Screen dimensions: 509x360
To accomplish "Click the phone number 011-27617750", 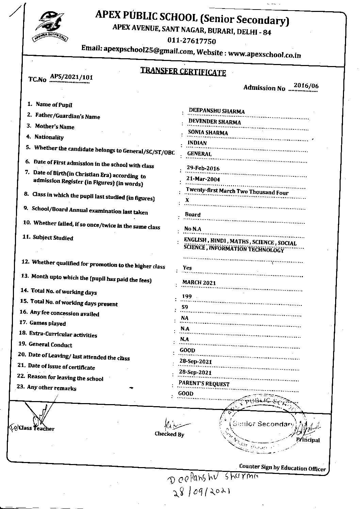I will pyautogui.click(x=192, y=41).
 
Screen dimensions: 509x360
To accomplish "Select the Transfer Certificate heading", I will pyautogui.click(x=183, y=71).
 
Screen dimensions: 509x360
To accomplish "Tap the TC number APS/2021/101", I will pyautogui.click(x=71, y=77).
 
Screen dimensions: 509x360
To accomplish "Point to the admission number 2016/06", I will pyautogui.click(x=306, y=86).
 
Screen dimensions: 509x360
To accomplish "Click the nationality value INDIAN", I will pyautogui.click(x=197, y=143).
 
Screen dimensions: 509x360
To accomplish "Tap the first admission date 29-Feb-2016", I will pyautogui.click(x=203, y=168).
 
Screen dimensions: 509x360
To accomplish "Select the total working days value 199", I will pyautogui.click(x=187, y=296).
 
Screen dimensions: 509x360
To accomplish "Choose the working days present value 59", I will pyautogui.click(x=185, y=307).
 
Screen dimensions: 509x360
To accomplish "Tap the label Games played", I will pyautogui.click(x=48, y=323).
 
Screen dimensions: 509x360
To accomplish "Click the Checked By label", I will pyautogui.click(x=169, y=434).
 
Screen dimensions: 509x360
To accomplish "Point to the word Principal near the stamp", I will pyautogui.click(x=308, y=440).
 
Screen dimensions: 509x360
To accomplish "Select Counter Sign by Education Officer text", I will pyautogui.click(x=282, y=467).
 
